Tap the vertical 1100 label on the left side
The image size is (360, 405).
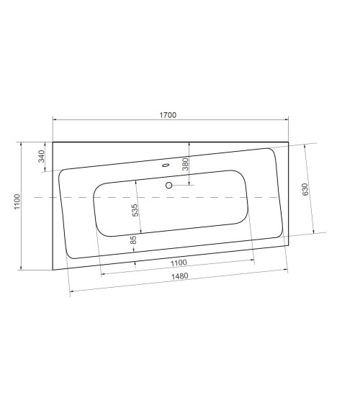pos(17,205)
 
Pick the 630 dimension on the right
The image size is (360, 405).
pos(305,189)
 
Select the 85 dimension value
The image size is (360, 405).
pos(133,240)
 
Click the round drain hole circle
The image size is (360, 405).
pos(169,186)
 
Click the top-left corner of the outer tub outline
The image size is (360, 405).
pos(53,142)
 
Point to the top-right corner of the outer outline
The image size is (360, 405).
pos(288,142)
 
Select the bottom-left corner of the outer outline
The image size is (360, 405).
pos(53,269)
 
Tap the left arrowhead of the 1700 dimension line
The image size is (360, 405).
pos(54,119)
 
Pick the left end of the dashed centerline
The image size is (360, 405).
pos(34,196)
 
